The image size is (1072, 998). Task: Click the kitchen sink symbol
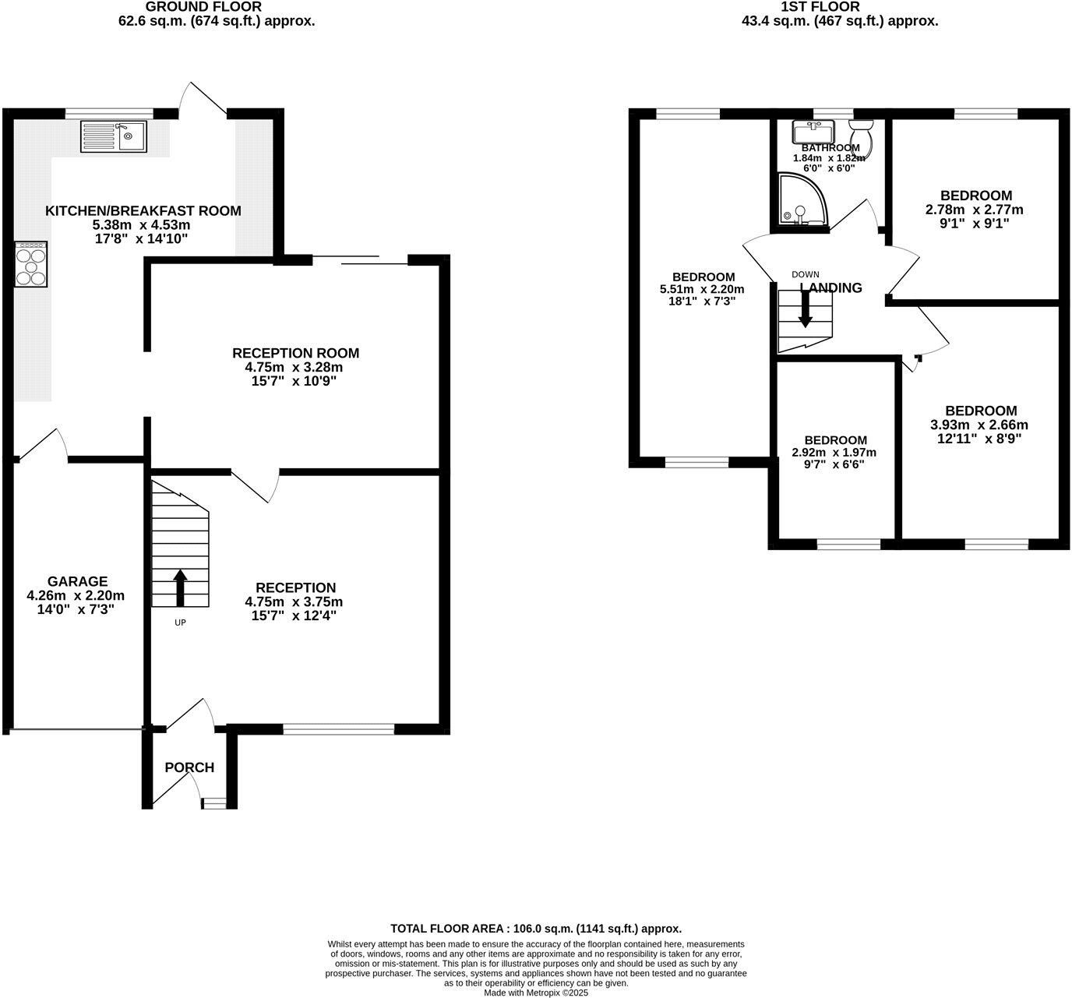tap(113, 136)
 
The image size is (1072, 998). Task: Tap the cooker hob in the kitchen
tap(31, 264)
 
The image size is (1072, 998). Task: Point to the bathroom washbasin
tap(813, 130)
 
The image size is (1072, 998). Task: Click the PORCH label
tap(189, 767)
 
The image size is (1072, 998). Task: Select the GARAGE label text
tap(77, 581)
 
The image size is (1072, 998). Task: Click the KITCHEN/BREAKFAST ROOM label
tap(143, 211)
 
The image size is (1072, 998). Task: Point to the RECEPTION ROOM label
tap(295, 354)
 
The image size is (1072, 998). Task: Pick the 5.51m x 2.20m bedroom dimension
tap(703, 289)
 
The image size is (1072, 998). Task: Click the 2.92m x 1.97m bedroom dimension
tap(834, 453)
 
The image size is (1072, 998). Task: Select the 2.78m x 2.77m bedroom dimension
tap(975, 210)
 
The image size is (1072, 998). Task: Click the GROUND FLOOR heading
tap(204, 7)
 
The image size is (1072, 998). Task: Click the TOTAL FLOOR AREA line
tap(536, 929)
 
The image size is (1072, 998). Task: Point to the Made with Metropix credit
tap(536, 993)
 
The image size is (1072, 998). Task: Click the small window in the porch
tap(213, 803)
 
